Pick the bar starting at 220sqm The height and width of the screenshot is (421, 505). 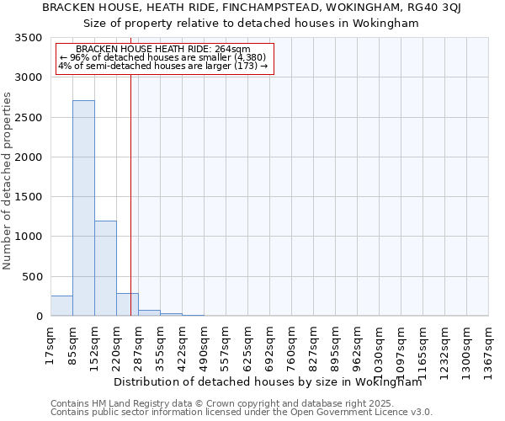coord(127,304)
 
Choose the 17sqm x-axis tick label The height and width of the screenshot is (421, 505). coord(50,345)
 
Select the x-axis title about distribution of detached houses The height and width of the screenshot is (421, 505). coord(268,381)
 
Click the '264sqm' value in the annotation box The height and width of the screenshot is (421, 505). coord(234,50)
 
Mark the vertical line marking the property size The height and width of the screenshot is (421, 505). coord(131,194)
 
